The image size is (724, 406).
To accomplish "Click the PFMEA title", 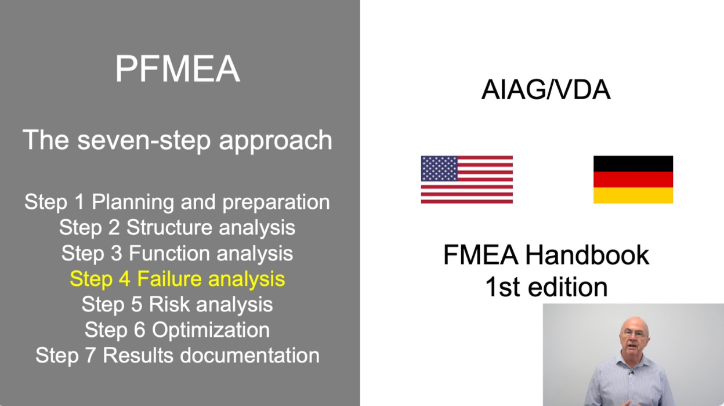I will (178, 70).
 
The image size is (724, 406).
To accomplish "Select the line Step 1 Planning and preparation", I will (177, 202).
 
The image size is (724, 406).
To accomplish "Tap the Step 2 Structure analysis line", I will (177, 227).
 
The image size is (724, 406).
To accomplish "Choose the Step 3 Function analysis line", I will (177, 253).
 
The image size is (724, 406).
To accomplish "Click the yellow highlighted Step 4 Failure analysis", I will (177, 279).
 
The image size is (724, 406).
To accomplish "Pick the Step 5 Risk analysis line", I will (177, 304).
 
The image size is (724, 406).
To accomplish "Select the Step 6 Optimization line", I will (177, 329).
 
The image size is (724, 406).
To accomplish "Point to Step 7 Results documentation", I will (177, 355).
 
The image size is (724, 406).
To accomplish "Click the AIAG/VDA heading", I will (545, 90).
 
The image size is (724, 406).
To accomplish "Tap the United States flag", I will (466, 179).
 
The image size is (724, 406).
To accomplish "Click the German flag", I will (633, 179).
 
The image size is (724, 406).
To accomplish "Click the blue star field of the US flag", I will (439, 168).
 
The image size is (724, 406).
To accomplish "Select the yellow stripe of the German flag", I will (633, 195).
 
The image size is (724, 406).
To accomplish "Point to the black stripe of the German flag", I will (633, 164).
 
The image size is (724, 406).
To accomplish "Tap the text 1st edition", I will (545, 287).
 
